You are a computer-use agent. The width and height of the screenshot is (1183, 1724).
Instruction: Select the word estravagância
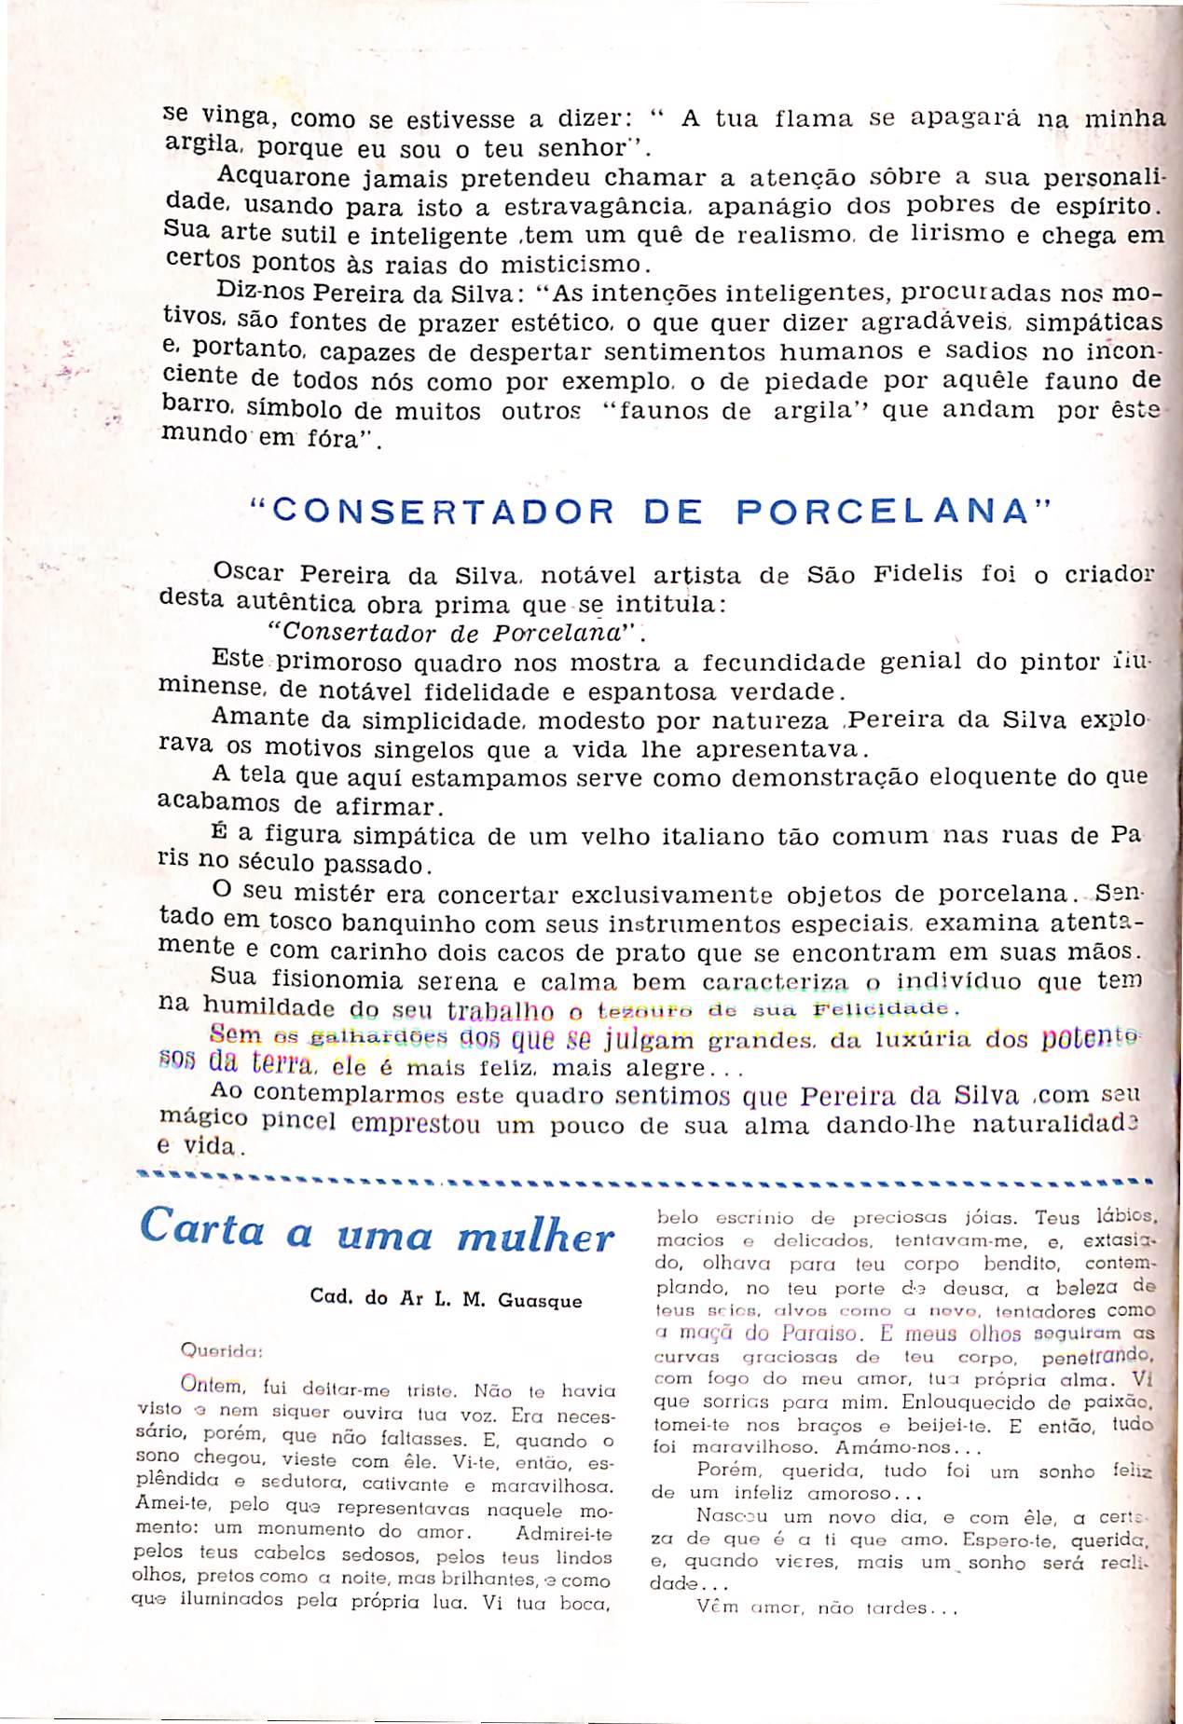tap(603, 204)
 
